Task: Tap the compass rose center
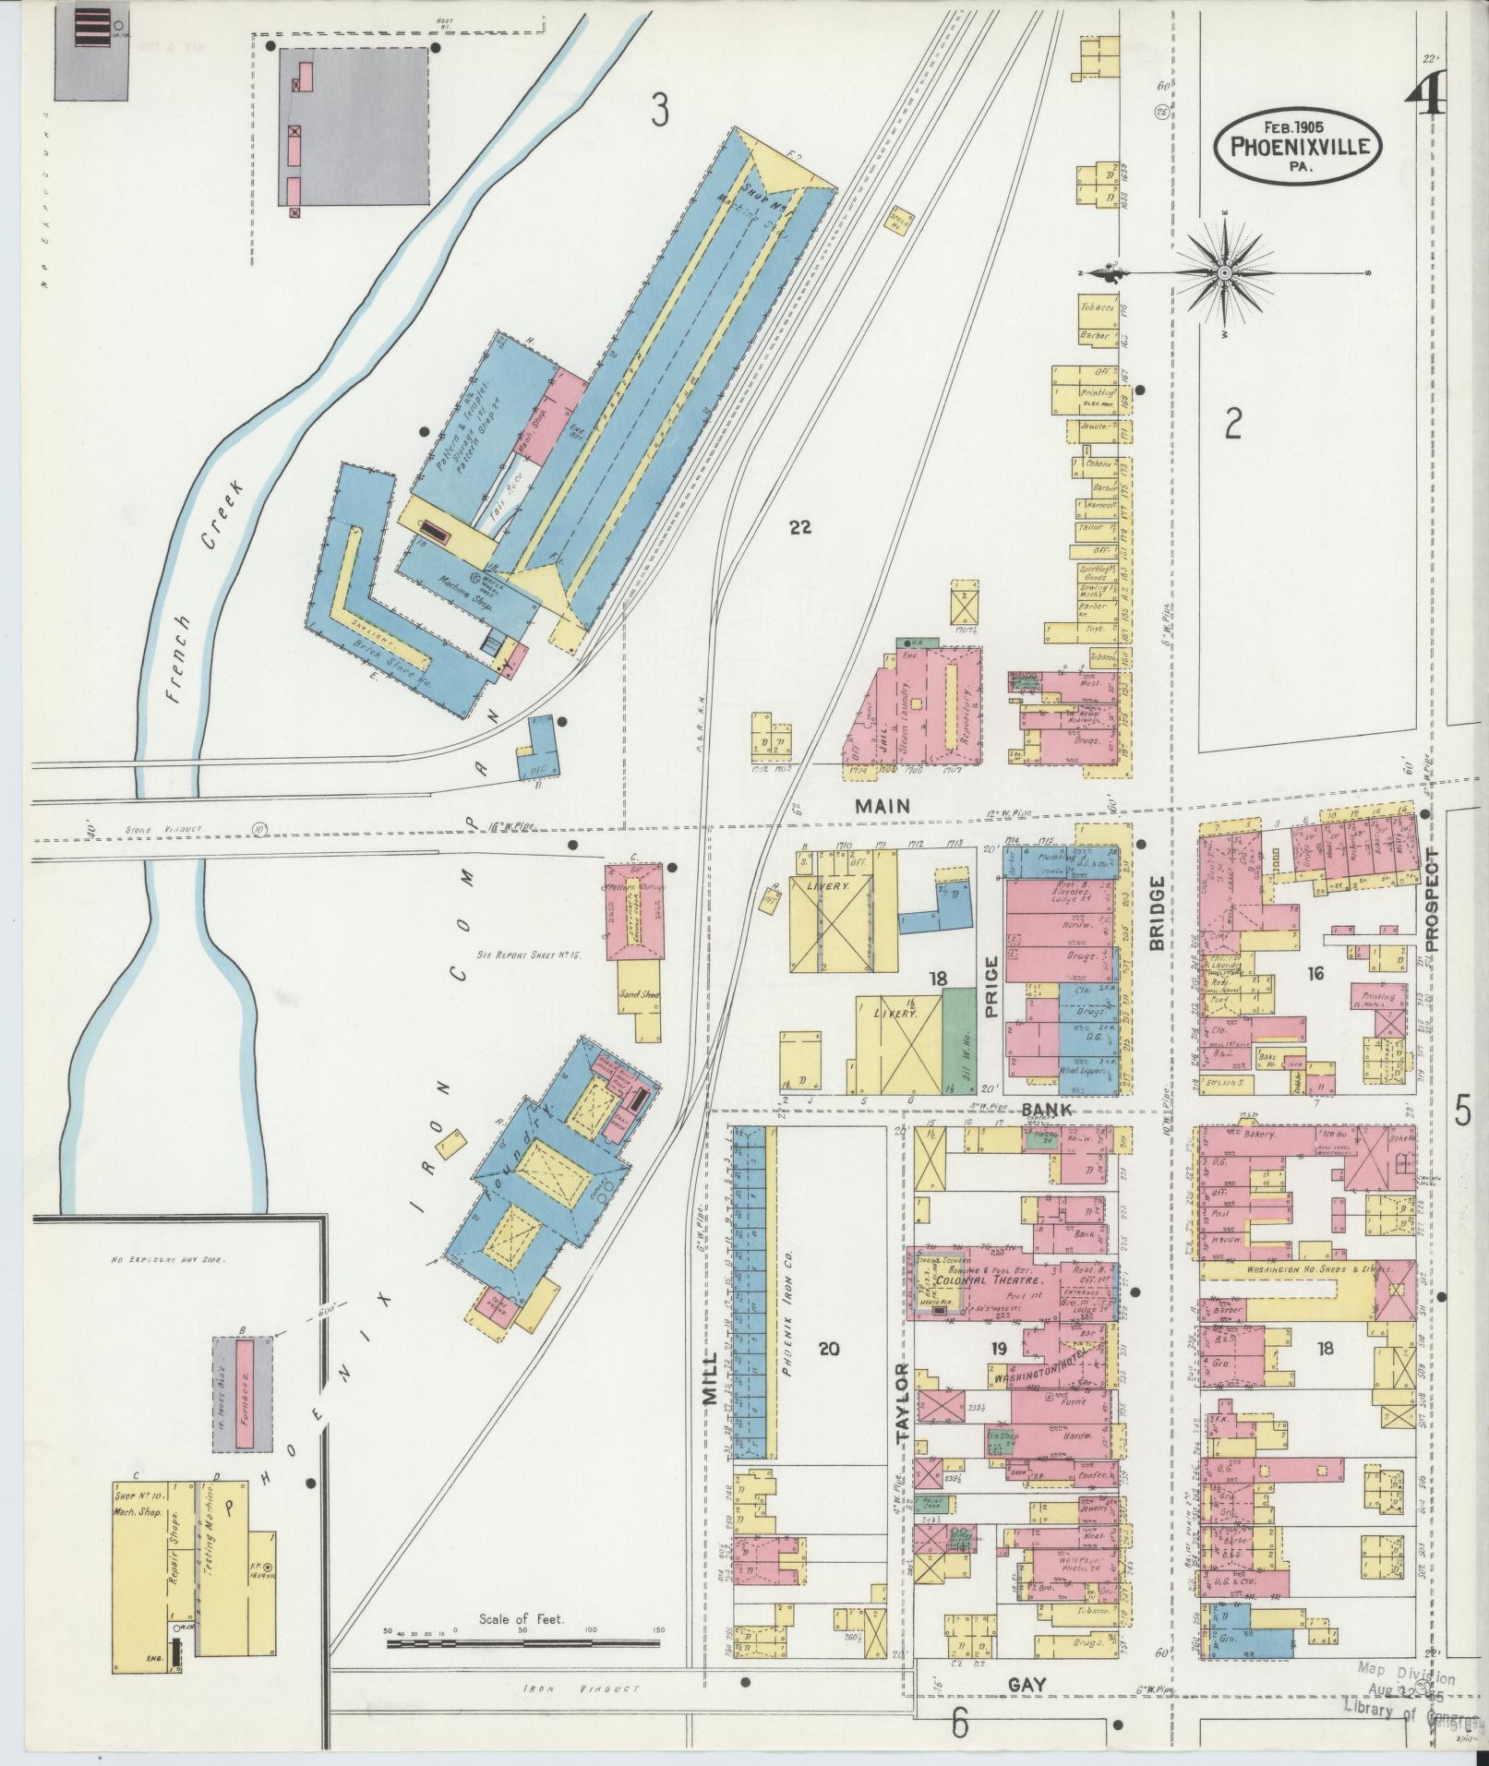[1224, 273]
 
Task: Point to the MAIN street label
[883, 805]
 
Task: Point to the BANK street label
[1046, 1110]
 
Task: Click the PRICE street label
[992, 987]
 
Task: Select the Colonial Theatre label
[988, 1281]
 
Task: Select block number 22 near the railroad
[799, 527]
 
